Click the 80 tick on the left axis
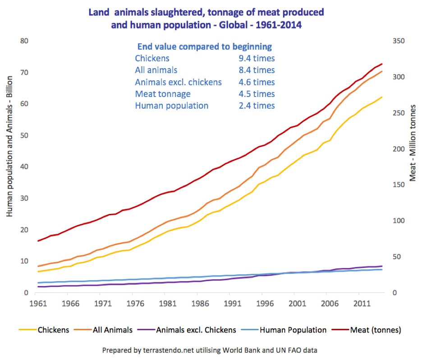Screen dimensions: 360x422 coord(24,41)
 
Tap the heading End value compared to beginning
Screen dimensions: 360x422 coord(204,46)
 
